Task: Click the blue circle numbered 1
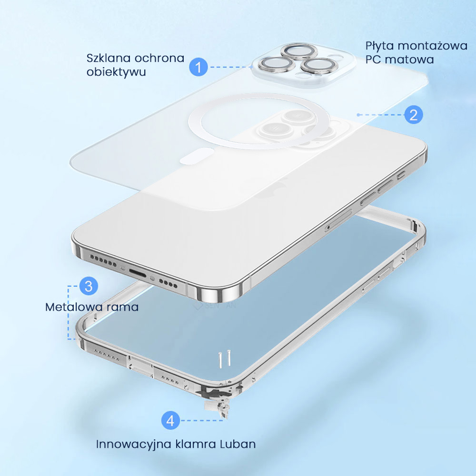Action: [x=198, y=67]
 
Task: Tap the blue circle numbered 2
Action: [x=414, y=115]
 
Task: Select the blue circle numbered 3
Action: [x=89, y=286]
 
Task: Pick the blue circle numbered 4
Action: [x=171, y=421]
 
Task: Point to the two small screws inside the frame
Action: [x=223, y=359]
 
